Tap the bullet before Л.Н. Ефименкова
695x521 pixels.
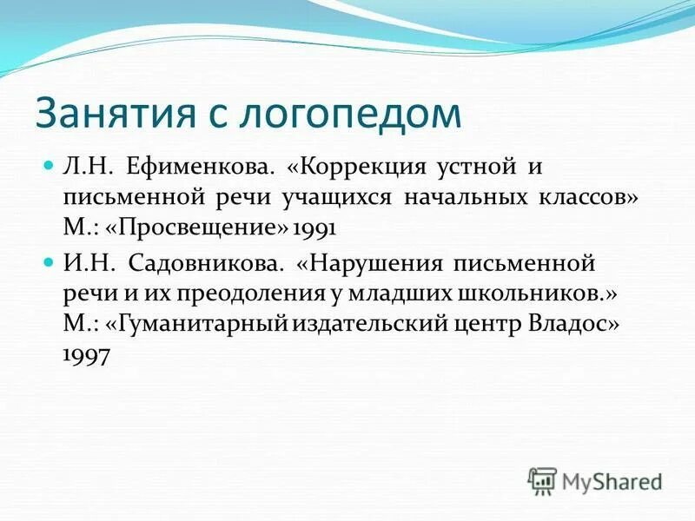click(x=49, y=163)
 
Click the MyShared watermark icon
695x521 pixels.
click(x=543, y=479)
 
